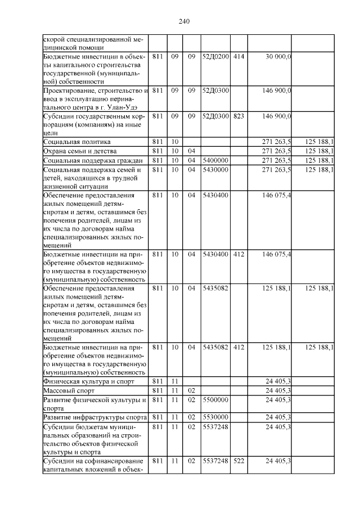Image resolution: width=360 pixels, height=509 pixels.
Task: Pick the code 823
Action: pyautogui.click(x=238, y=116)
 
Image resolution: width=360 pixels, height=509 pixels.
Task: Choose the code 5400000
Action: pyautogui.click(x=215, y=160)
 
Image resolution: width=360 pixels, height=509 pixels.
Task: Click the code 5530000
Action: pyautogui.click(x=215, y=417)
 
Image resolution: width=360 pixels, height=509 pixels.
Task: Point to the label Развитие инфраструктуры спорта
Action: pyautogui.click(x=95, y=417)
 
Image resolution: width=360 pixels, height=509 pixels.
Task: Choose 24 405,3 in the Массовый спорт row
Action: pyautogui.click(x=278, y=390)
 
